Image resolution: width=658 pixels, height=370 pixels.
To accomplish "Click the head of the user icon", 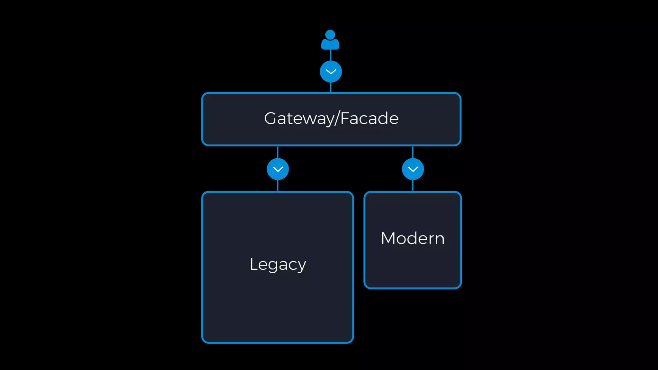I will tap(330, 34).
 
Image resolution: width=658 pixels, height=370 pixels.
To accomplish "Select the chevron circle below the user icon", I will tap(331, 72).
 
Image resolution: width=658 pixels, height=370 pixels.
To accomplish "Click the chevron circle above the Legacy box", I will tap(278, 169).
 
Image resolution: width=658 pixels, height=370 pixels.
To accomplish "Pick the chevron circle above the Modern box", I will tap(413, 169).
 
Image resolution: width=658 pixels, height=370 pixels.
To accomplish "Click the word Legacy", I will tap(278, 264).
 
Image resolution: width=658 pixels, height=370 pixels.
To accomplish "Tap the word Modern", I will tap(413, 238).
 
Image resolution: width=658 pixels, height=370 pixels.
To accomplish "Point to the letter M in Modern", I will tap(389, 238).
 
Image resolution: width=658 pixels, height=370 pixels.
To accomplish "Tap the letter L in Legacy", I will tap(253, 264).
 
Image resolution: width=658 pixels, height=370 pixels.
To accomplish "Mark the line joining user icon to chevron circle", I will tap(331, 55).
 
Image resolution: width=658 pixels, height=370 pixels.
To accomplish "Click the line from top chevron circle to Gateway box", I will tap(331, 87).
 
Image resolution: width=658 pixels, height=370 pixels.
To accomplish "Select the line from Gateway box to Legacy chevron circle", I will tap(278, 152).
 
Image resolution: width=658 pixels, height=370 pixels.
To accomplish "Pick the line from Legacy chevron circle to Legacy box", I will tap(278, 186).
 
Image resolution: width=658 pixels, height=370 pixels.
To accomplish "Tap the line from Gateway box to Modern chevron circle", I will tap(413, 152).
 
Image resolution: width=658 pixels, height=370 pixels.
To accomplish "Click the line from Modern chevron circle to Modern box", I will tap(413, 186).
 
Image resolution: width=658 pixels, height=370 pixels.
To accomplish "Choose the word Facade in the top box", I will tap(369, 118).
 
